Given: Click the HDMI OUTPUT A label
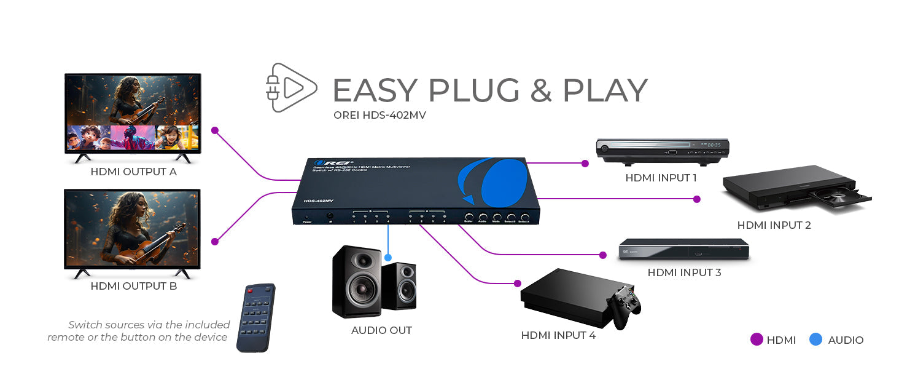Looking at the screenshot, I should [x=133, y=172].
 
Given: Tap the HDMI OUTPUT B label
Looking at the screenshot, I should [x=133, y=286].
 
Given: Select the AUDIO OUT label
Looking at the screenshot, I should [x=381, y=330].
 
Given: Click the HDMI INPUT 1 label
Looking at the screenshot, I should [x=661, y=178].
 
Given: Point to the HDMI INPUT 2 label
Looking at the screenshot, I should [x=774, y=225].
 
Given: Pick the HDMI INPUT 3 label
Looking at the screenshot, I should [x=684, y=272].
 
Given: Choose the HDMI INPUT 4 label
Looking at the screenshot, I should [x=558, y=335].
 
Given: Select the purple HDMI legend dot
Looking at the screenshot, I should [x=757, y=339].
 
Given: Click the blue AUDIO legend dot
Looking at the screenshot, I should [x=815, y=339].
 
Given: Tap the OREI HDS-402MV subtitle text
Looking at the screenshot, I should [x=379, y=114].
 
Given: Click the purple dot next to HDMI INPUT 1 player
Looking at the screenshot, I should [x=585, y=164].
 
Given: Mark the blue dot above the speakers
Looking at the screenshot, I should [x=388, y=257].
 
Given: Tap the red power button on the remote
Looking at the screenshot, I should [x=250, y=289].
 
